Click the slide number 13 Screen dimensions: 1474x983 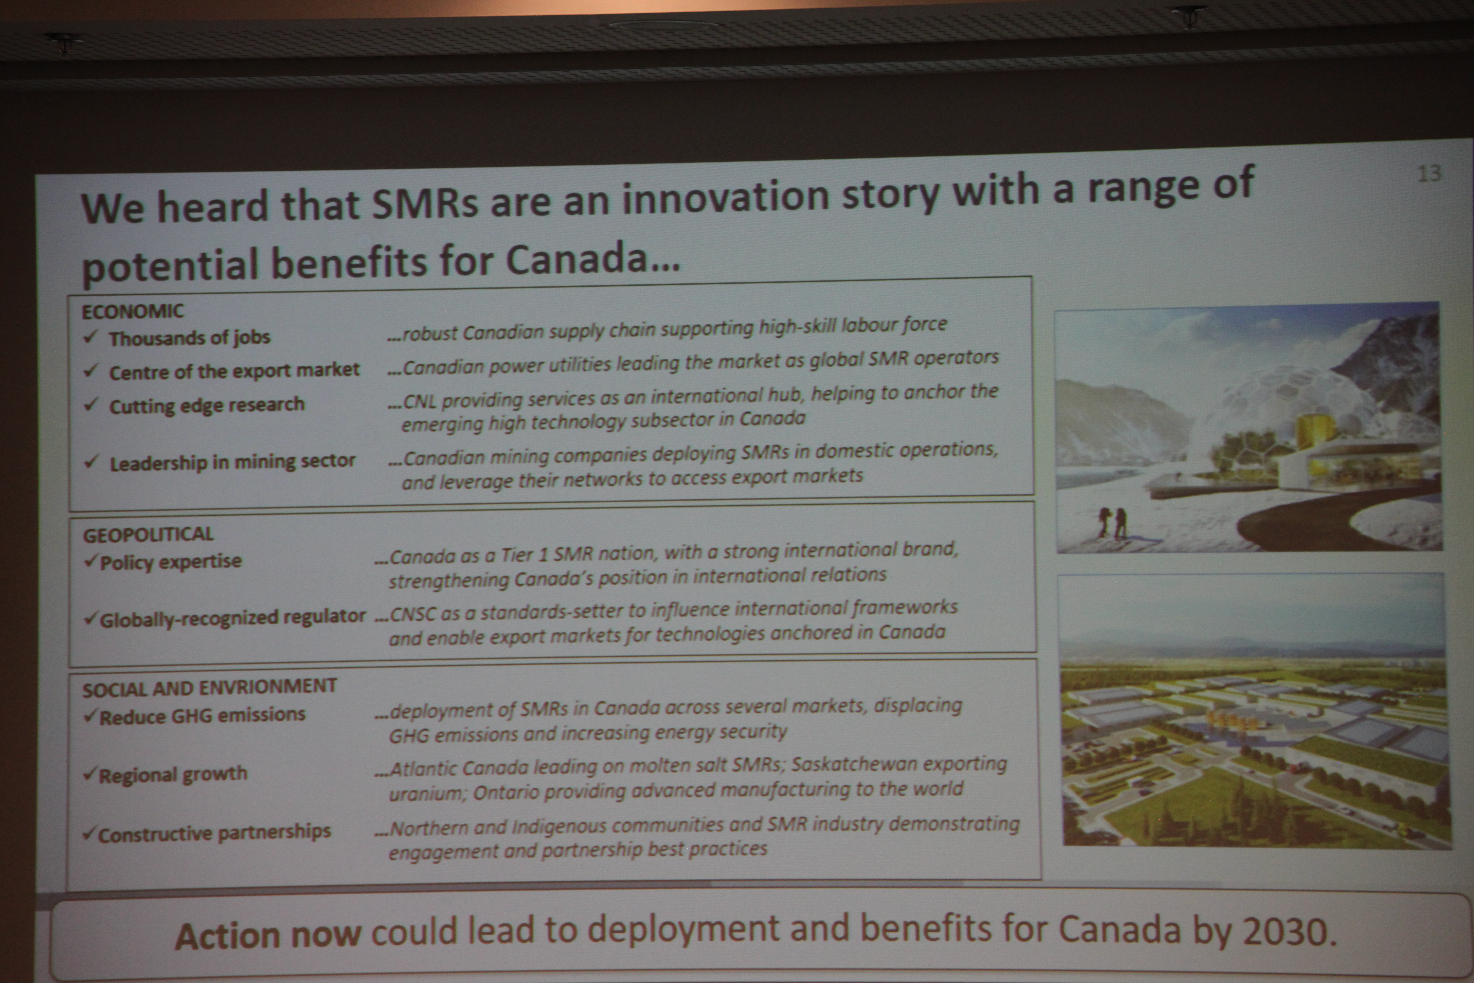[x=1429, y=173]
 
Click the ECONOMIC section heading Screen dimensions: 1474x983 [x=133, y=311]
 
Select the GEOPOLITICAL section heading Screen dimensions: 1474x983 [x=149, y=534]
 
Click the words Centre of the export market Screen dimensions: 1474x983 [x=234, y=370]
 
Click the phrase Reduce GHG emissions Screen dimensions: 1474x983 [x=202, y=715]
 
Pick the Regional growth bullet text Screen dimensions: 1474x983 [x=173, y=775]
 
